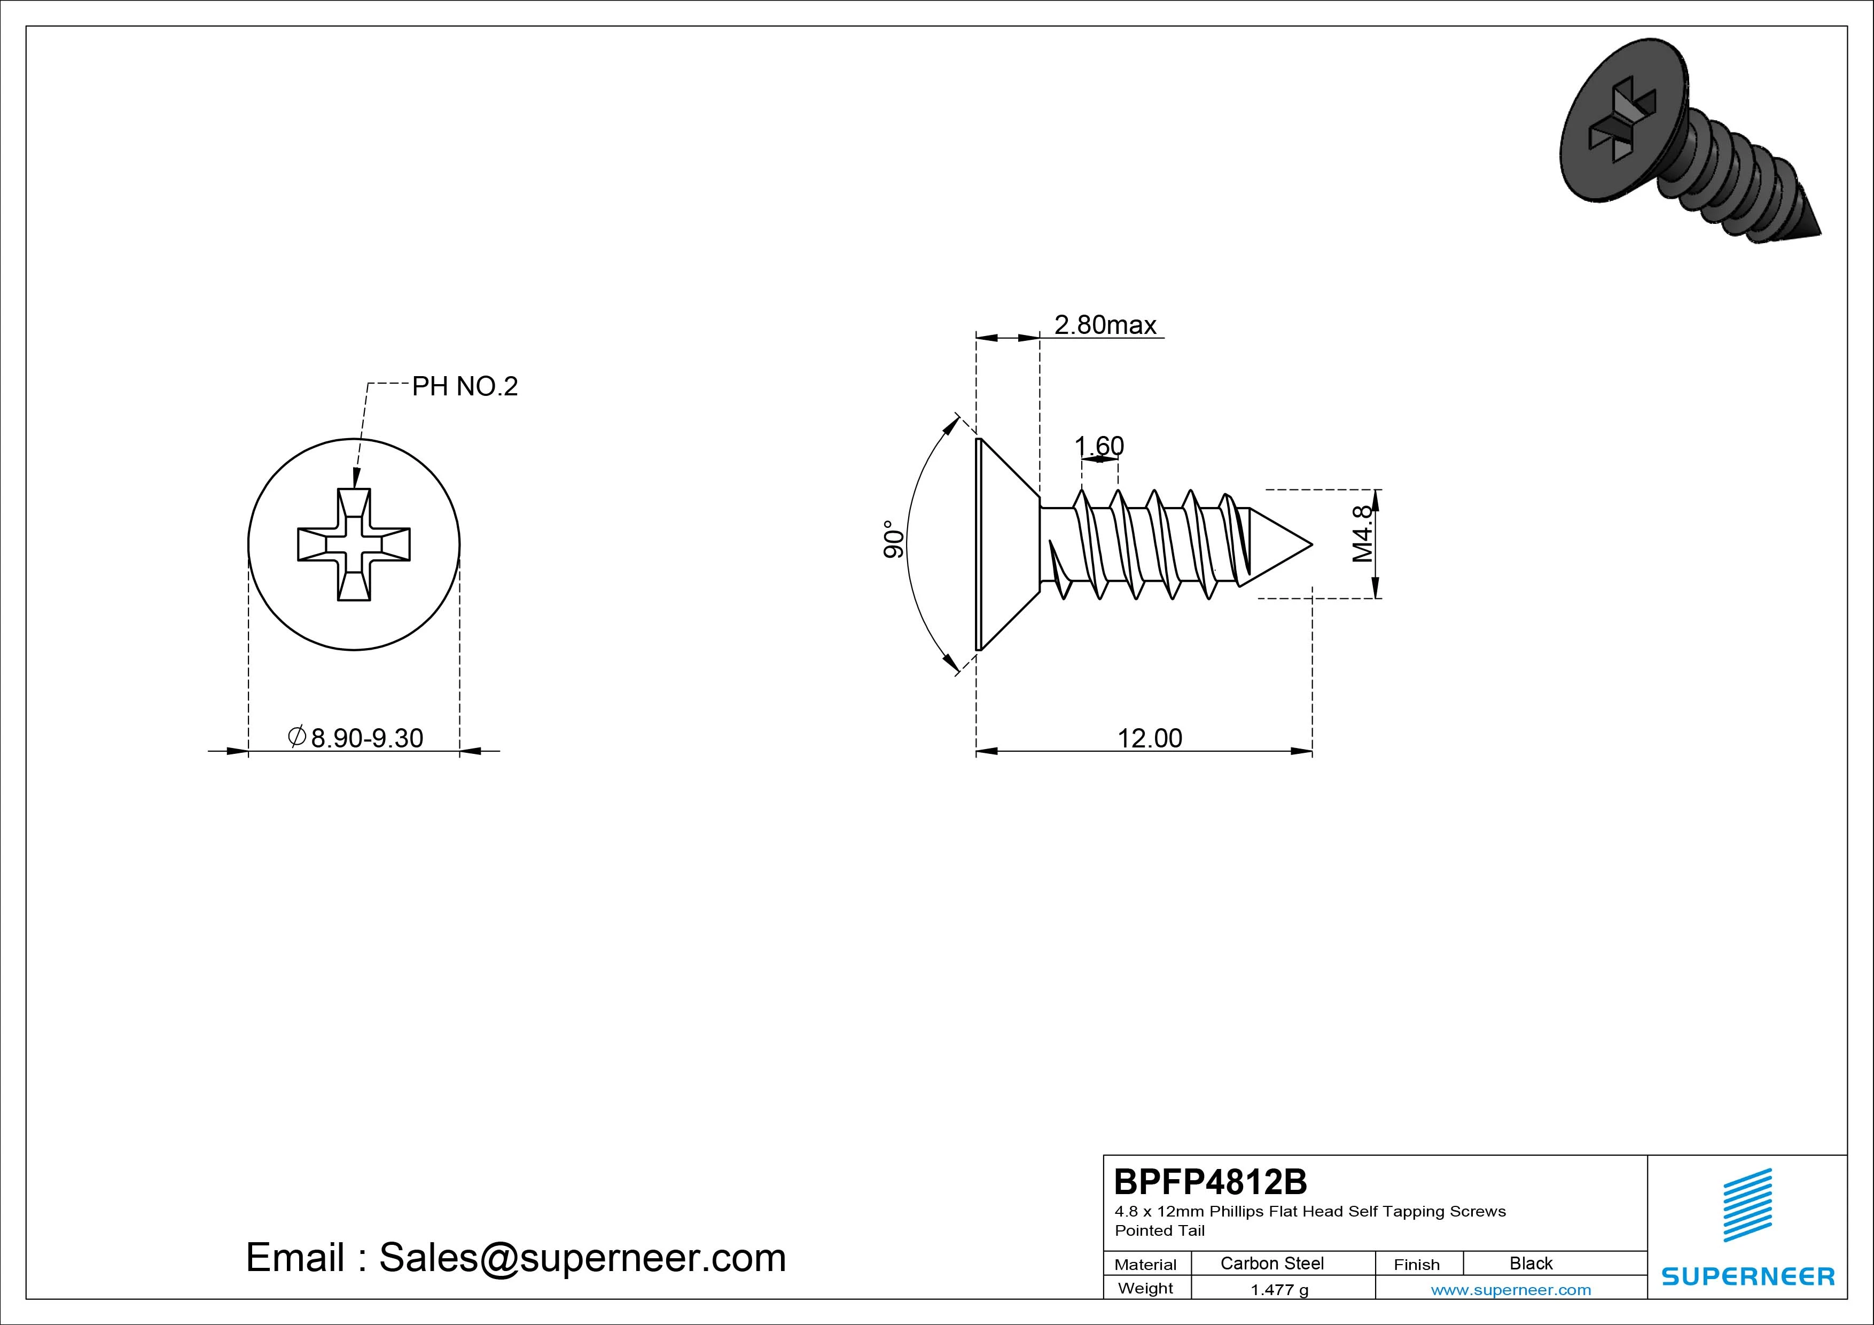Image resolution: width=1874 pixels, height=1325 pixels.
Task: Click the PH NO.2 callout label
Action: (464, 386)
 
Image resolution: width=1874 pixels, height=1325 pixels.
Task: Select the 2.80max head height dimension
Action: (1105, 325)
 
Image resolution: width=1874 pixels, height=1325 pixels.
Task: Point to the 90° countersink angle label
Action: (894, 539)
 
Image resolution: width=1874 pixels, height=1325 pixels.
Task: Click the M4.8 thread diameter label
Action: (1362, 533)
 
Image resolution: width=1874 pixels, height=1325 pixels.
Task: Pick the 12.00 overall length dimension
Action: (1149, 738)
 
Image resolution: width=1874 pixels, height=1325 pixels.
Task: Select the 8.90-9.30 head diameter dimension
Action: (356, 737)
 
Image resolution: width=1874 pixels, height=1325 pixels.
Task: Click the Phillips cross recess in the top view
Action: (354, 544)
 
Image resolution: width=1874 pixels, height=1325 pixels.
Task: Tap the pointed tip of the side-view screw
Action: (1311, 544)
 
